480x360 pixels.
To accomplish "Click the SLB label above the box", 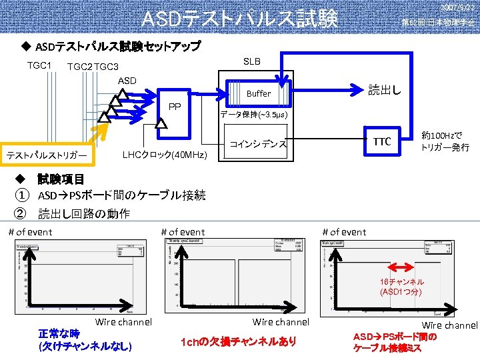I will pos(252,61).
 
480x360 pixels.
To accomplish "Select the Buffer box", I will pos(259,94).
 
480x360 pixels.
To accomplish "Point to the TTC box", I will pos(382,141).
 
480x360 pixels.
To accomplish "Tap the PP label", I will pos(175,106).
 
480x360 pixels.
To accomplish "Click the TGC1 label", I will pos(39,65).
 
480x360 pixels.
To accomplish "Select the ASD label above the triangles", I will pos(127,81).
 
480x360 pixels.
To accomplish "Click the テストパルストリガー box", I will pos(47,155).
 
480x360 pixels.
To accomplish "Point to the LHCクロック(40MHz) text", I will pos(166,155).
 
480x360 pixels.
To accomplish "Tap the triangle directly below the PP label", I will pos(161,123).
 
